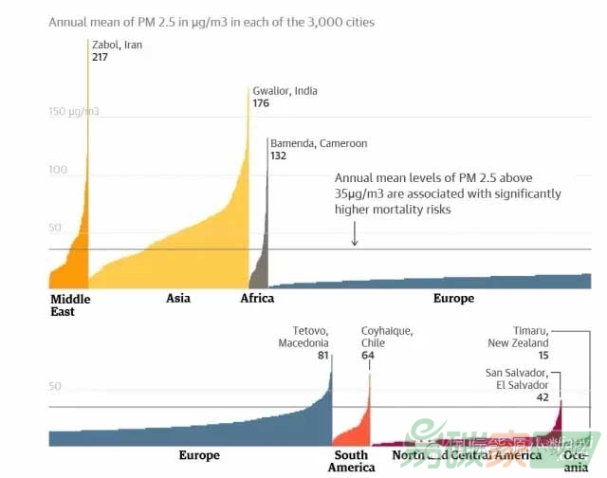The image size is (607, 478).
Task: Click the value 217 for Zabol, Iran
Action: click(100, 58)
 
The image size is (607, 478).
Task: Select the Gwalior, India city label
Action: click(285, 91)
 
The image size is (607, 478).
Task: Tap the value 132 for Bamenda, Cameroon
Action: click(278, 156)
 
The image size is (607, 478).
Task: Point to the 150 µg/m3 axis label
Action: click(74, 112)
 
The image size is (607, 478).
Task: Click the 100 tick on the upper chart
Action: click(59, 170)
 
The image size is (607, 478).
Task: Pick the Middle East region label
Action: click(70, 304)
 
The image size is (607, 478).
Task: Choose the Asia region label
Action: click(178, 298)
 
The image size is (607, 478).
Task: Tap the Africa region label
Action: click(257, 298)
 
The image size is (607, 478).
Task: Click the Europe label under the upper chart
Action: click(453, 298)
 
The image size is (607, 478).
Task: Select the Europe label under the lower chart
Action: click(199, 455)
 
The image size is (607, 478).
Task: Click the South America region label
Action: click(352, 461)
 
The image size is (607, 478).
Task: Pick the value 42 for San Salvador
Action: click(543, 398)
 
